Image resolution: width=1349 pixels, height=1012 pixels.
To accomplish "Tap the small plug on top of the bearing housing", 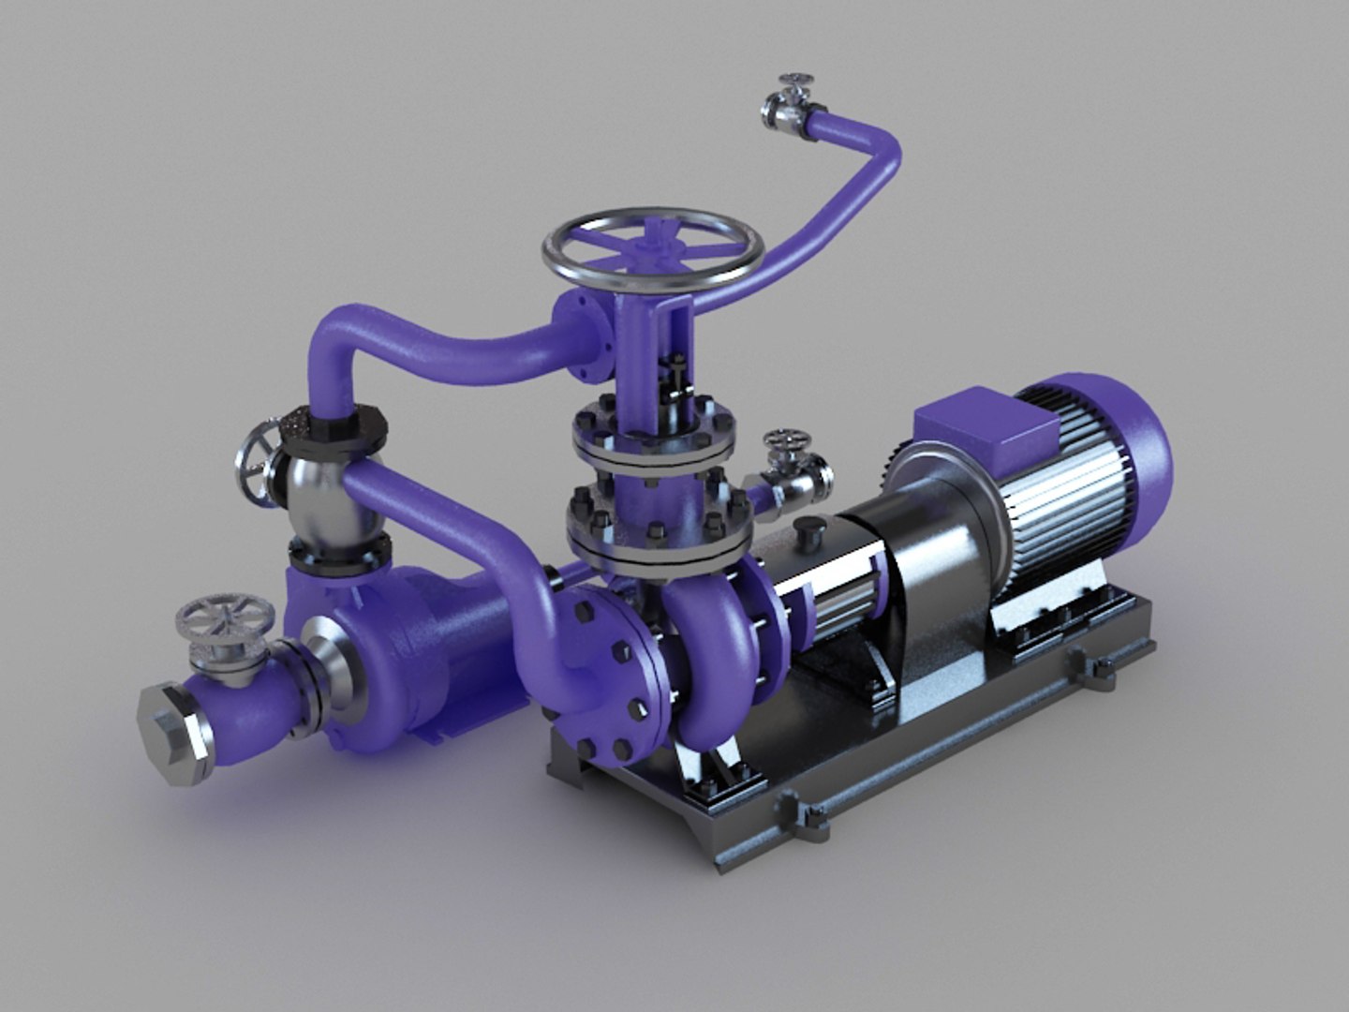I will pyautogui.click(x=807, y=535).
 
